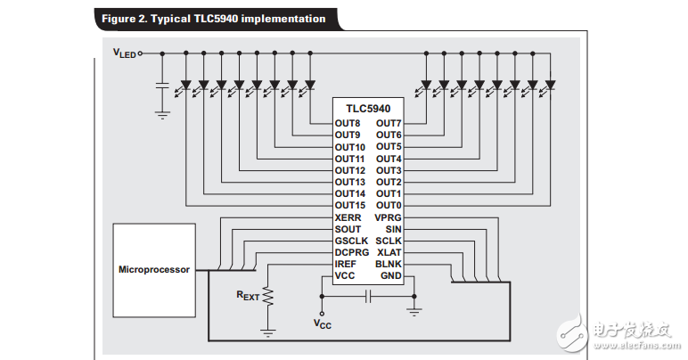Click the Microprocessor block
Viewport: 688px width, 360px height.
pyautogui.click(x=154, y=268)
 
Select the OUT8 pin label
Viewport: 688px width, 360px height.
pyautogui.click(x=348, y=123)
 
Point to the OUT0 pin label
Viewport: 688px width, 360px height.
pyautogui.click(x=388, y=205)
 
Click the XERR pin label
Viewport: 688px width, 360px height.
pyautogui.click(x=348, y=217)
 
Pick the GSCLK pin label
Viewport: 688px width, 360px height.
pyautogui.click(x=350, y=241)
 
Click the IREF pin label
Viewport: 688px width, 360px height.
pyautogui.click(x=347, y=265)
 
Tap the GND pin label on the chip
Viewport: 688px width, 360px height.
pyautogui.click(x=390, y=276)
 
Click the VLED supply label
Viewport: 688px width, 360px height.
pyautogui.click(x=124, y=53)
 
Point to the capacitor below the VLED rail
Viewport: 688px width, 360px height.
pyautogui.click(x=162, y=86)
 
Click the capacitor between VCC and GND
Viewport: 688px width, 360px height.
pyautogui.click(x=366, y=298)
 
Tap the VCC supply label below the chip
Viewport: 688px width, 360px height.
pyautogui.click(x=322, y=324)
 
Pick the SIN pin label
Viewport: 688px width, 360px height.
pyautogui.click(x=393, y=229)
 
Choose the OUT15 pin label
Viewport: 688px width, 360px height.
pyautogui.click(x=350, y=205)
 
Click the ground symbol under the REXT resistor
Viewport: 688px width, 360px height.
pyautogui.click(x=267, y=331)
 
